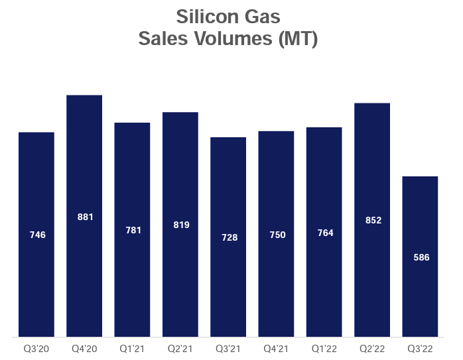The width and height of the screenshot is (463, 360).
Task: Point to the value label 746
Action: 36,235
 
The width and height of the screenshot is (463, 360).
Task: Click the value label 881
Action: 84,217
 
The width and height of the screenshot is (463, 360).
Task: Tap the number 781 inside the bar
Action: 132,230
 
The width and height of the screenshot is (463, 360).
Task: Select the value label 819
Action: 180,225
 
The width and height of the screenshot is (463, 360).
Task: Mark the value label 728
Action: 228,237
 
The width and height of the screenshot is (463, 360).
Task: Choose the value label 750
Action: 276,235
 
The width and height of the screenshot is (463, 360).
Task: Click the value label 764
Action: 324,233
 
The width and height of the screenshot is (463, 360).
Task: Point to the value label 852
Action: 372,221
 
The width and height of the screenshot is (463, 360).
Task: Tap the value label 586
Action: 421,257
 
